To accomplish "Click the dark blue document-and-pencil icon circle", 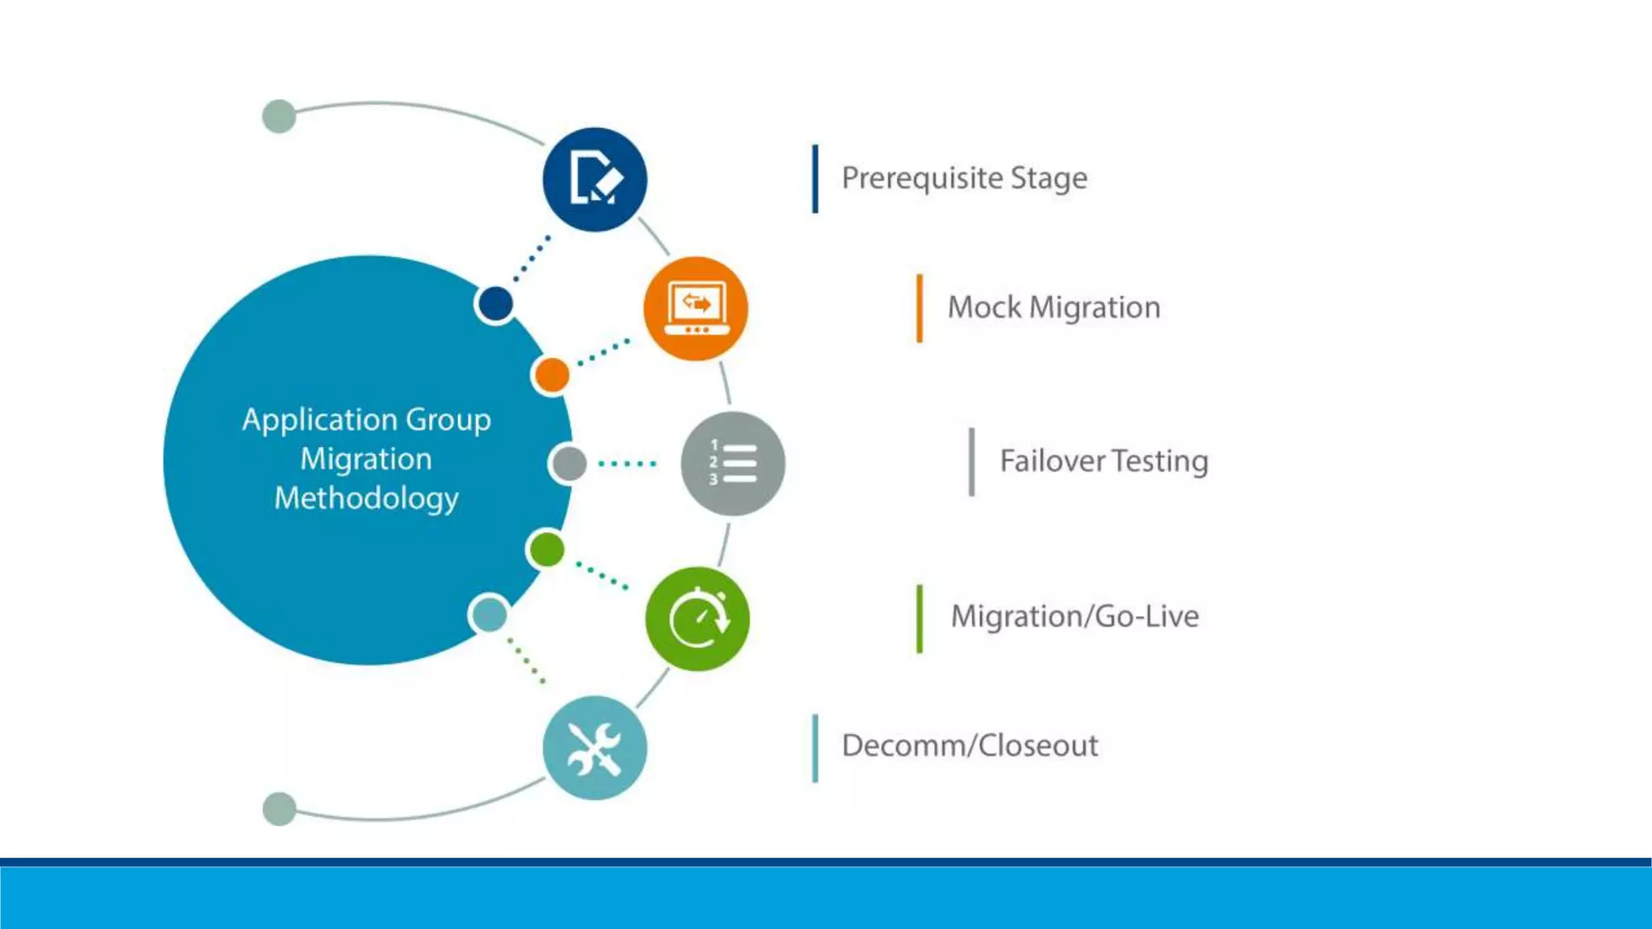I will click(x=594, y=179).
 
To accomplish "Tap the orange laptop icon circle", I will click(x=695, y=308).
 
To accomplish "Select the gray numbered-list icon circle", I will click(x=732, y=464).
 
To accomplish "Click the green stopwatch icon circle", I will click(x=698, y=619).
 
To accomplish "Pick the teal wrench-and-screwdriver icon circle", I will click(x=594, y=748).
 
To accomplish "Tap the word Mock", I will click(x=984, y=307).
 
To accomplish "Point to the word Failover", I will click(x=1052, y=461).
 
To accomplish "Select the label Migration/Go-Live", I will click(x=1074, y=616).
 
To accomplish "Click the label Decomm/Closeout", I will click(x=970, y=745).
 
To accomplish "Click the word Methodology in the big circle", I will click(x=366, y=498).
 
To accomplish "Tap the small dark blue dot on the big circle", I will click(x=495, y=304).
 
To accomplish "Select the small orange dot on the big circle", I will click(x=552, y=375).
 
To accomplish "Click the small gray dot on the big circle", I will click(x=569, y=464).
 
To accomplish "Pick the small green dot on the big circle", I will click(x=548, y=550).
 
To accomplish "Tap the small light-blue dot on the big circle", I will click(x=489, y=614).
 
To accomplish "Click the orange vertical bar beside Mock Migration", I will click(x=920, y=308).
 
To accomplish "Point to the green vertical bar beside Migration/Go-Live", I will click(x=920, y=618).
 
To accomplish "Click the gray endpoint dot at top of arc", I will click(x=279, y=116).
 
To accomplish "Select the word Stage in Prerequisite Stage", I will click(x=1049, y=178).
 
